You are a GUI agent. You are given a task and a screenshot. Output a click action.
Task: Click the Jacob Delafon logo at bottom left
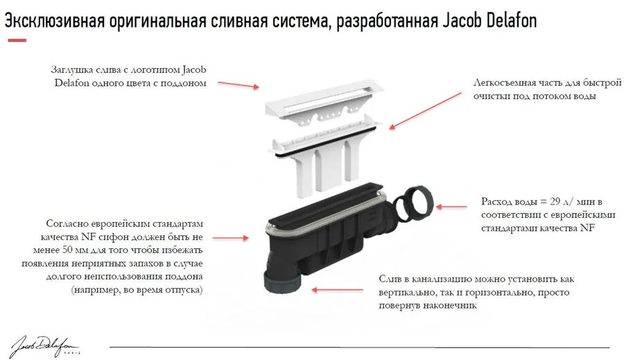pyautogui.click(x=44, y=345)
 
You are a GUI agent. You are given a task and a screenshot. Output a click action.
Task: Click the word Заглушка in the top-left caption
pyautogui.click(x=73, y=69)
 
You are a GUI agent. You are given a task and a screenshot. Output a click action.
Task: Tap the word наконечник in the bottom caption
pyautogui.click(x=449, y=305)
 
